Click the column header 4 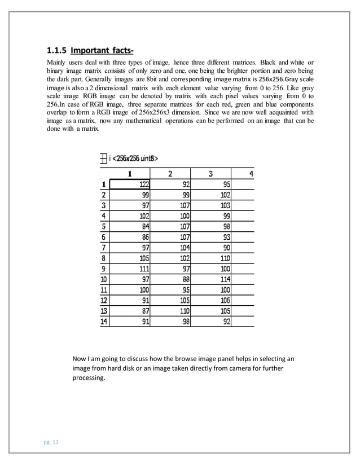coord(251,173)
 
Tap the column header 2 coord(170,173)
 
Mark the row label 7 coord(103,248)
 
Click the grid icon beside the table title coord(103,159)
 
